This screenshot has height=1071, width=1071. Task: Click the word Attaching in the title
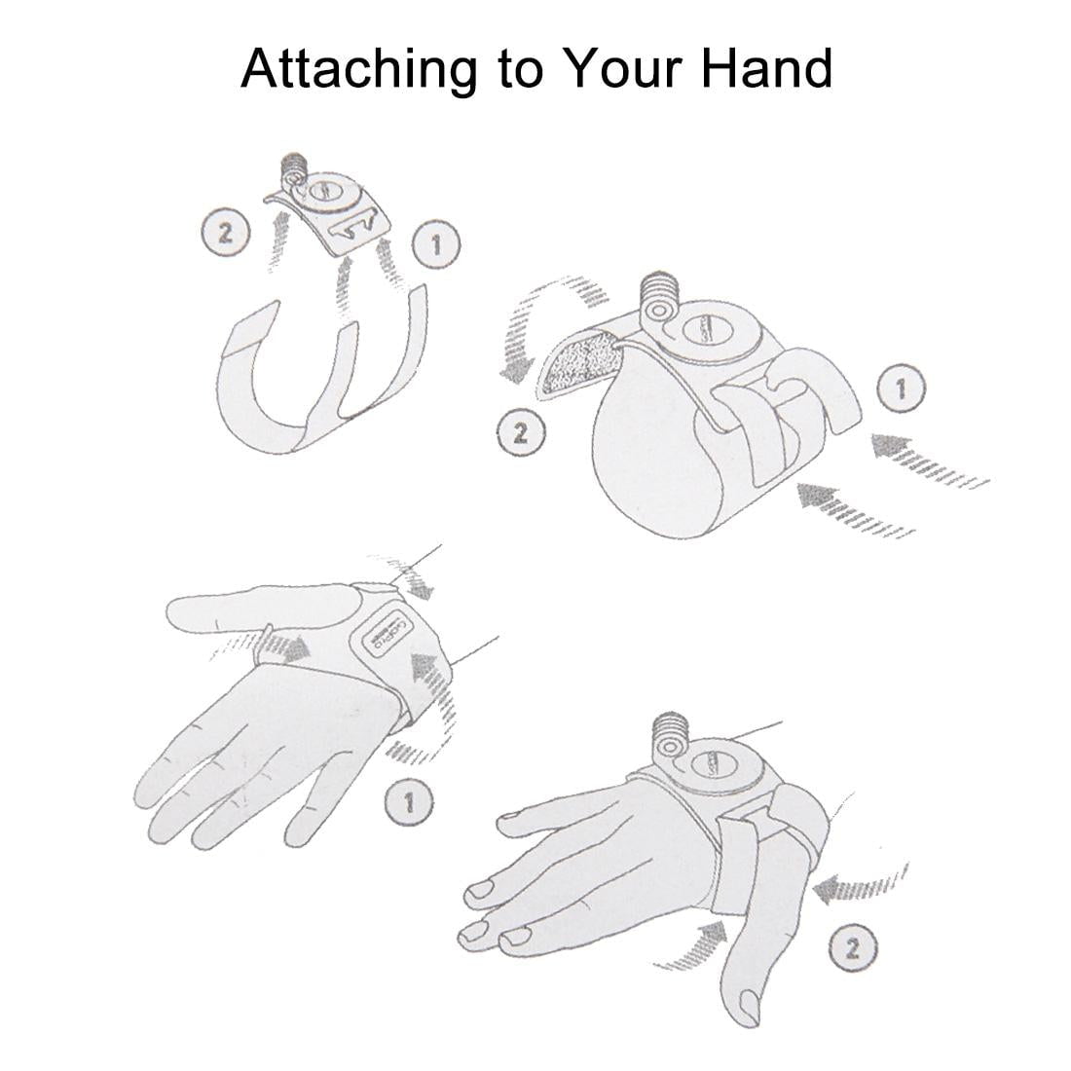358,70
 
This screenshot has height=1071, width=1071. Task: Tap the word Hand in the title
766,68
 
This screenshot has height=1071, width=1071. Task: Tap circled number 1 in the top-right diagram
901,388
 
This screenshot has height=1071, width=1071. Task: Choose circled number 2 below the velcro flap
521,432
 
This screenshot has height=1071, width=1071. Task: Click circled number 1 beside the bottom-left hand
409,802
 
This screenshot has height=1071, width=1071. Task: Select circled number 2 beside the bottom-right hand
853,947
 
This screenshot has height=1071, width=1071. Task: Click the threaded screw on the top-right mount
659,290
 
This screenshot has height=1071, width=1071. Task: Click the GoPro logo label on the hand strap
385,633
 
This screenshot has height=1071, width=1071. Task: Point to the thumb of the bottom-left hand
263,606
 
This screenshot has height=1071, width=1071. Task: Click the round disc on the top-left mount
329,191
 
